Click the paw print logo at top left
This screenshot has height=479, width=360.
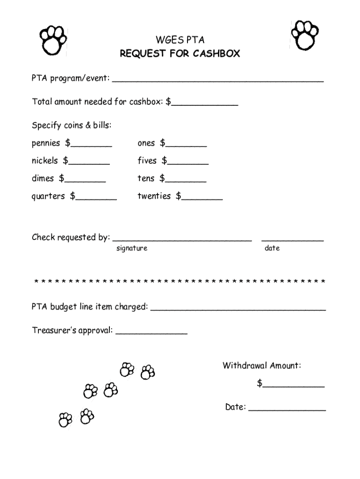pos(52,39)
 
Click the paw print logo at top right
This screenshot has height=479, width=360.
pos(304,35)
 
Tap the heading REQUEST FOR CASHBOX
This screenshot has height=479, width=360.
pos(180,54)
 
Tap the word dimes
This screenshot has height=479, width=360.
pos(43,178)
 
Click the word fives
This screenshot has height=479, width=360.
pos(147,161)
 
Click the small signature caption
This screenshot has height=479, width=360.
pos(132,248)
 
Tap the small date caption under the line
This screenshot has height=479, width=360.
pos(272,248)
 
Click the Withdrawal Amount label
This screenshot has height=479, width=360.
pos(262,365)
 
